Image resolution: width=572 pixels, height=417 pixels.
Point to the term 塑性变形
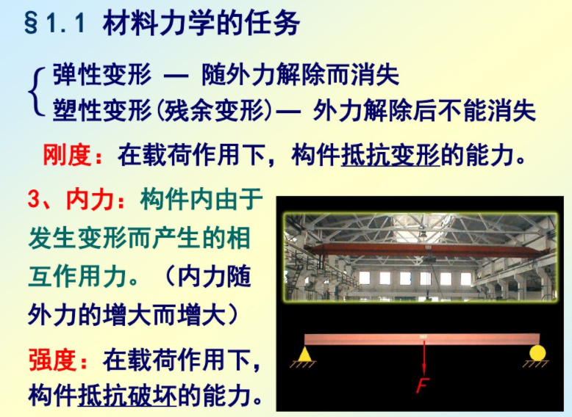pyautogui.click(x=101, y=112)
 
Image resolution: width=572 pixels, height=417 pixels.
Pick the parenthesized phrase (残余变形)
pyautogui.click(x=212, y=112)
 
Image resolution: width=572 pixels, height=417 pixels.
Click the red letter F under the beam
pyautogui.click(x=423, y=385)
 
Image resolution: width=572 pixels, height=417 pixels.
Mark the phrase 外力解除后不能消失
pyautogui.click(x=424, y=112)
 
